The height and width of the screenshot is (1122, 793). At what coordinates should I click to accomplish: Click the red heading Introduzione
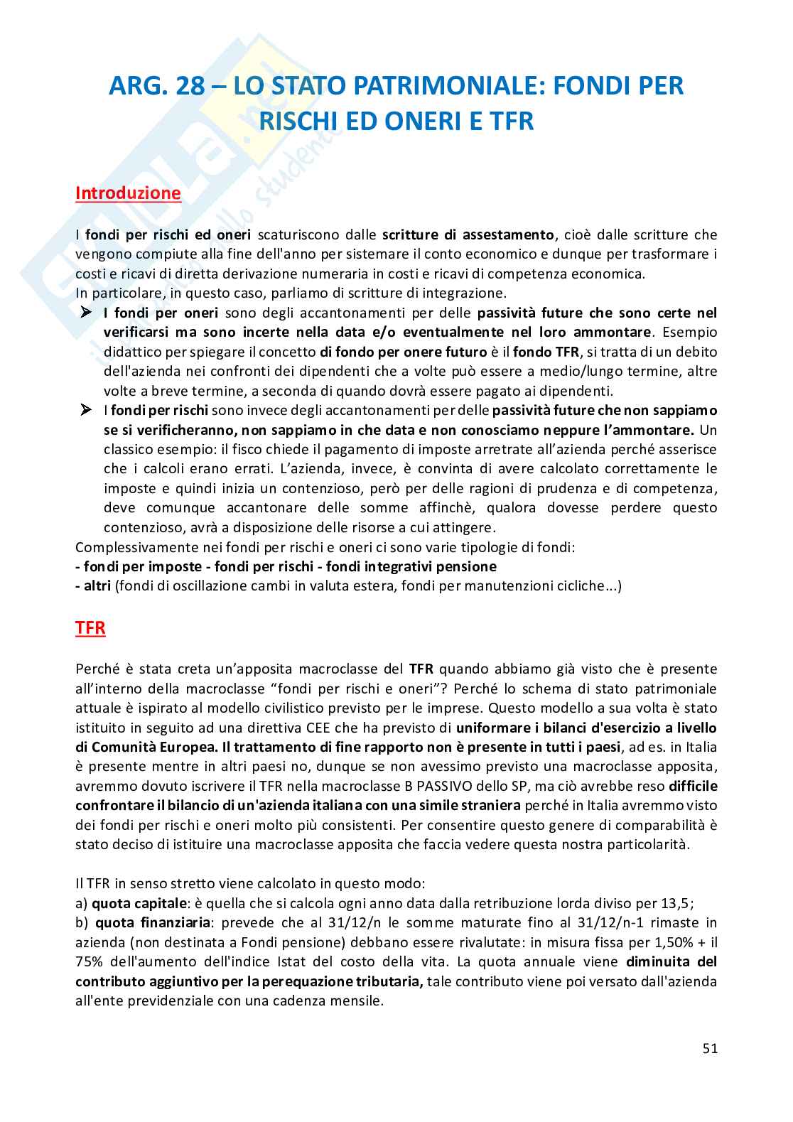128,193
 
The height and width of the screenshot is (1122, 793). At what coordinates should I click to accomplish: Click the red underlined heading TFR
90,628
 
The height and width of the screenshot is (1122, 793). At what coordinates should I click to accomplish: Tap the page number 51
710,1048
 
